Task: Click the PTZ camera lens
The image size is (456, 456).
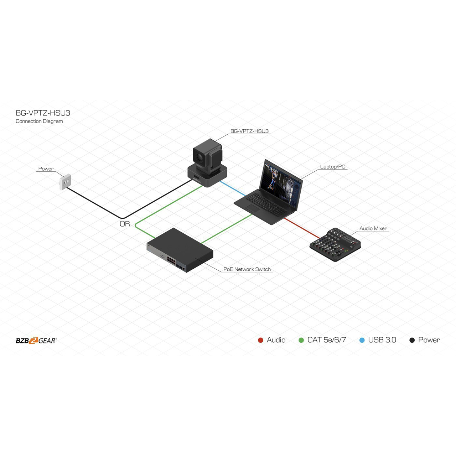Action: pyautogui.click(x=199, y=156)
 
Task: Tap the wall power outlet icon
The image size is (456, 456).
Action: pyautogui.click(x=65, y=182)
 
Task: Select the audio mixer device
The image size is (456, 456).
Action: pyautogui.click(x=335, y=244)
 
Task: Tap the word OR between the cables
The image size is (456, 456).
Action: pyautogui.click(x=125, y=224)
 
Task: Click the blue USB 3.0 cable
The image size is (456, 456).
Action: pyautogui.click(x=232, y=188)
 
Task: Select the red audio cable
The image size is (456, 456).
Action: pyautogui.click(x=302, y=228)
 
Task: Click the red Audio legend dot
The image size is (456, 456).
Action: pyautogui.click(x=260, y=340)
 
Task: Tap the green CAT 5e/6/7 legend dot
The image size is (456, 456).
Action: pyautogui.click(x=301, y=340)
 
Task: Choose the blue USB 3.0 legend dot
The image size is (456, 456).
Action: pyautogui.click(x=362, y=340)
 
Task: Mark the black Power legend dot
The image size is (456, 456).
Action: pyautogui.click(x=412, y=340)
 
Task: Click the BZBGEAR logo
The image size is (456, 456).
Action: pyautogui.click(x=36, y=341)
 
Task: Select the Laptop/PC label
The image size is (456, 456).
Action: pyautogui.click(x=332, y=167)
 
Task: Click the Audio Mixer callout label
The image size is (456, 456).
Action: pyautogui.click(x=373, y=228)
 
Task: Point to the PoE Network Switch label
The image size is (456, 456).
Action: pyautogui.click(x=247, y=269)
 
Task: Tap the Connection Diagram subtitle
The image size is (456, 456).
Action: pyautogui.click(x=39, y=121)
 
